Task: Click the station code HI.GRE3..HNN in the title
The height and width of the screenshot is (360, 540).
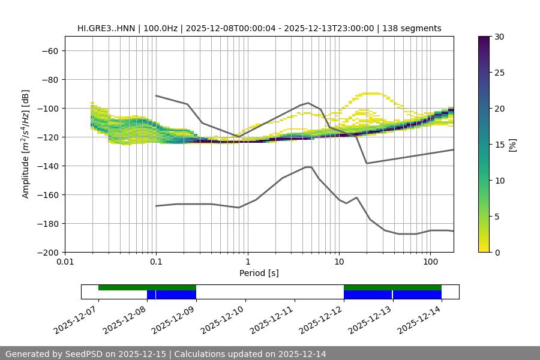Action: point(106,28)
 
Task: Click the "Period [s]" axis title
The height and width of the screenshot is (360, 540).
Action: point(259,273)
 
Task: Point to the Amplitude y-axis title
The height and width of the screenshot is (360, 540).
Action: point(25,144)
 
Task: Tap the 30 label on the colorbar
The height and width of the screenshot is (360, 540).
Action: point(500,37)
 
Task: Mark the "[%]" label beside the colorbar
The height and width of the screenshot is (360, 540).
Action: point(513,144)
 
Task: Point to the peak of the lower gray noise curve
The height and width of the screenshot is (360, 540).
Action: point(308,167)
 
